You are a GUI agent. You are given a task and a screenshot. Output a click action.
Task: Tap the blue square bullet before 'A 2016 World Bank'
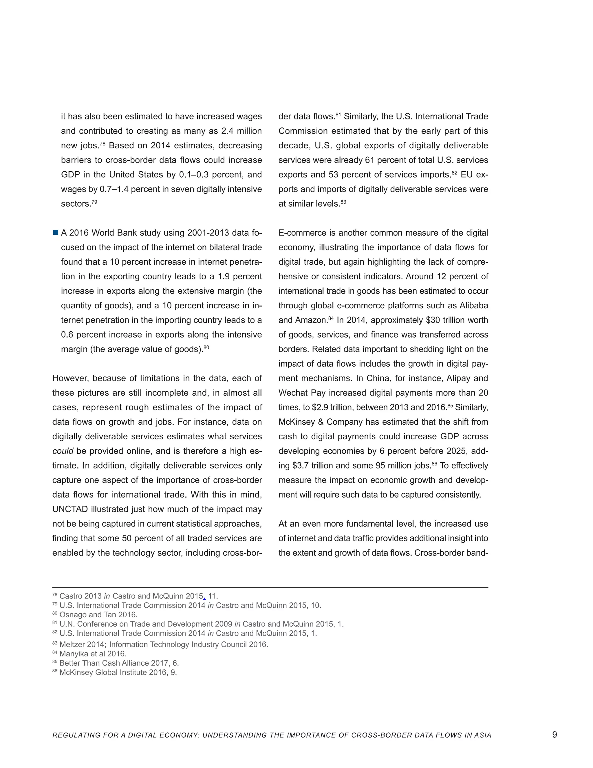[56, 233]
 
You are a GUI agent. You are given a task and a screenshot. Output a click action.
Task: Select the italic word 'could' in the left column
[63, 451]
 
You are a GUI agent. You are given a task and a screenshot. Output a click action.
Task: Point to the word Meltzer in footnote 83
[72, 645]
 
